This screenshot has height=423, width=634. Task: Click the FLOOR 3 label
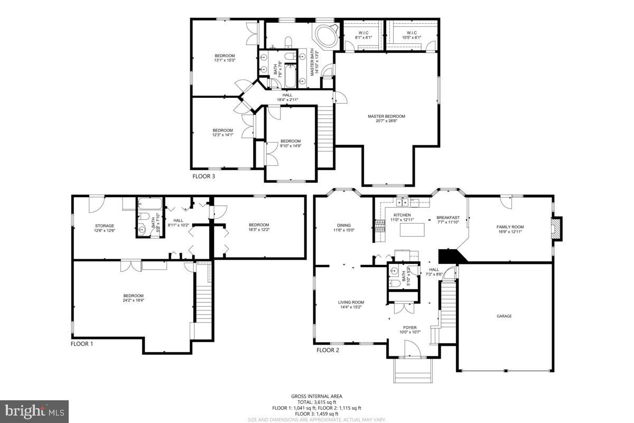pyautogui.click(x=203, y=177)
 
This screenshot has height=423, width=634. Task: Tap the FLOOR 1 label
pyautogui.click(x=82, y=344)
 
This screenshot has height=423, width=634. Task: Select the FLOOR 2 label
pyautogui.click(x=328, y=350)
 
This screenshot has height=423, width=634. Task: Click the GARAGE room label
pyautogui.click(x=504, y=316)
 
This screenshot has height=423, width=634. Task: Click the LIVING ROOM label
pyautogui.click(x=351, y=302)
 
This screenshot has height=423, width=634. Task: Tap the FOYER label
pyautogui.click(x=411, y=327)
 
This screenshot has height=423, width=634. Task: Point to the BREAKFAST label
pyautogui.click(x=447, y=217)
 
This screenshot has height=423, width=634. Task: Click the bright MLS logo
pyautogui.click(x=34, y=409)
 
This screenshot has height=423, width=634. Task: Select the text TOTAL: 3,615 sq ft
pyautogui.click(x=316, y=402)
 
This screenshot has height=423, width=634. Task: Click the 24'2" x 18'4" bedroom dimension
pyautogui.click(x=133, y=300)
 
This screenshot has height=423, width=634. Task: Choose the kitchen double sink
pyautogui.click(x=403, y=201)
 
